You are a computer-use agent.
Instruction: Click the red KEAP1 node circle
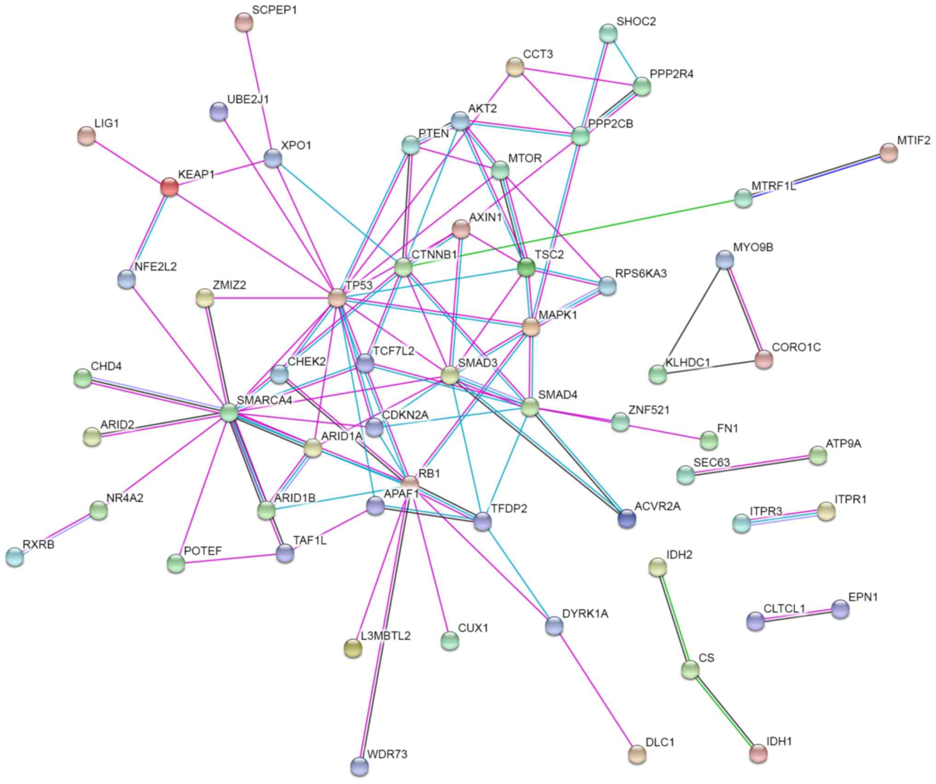pos(169,187)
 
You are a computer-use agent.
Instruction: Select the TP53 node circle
pos(337,298)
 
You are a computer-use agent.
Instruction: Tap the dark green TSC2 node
pos(526,267)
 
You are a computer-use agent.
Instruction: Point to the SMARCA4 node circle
pos(229,412)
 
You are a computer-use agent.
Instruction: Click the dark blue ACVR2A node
pos(627,519)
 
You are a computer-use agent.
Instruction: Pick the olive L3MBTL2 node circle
pos(353,648)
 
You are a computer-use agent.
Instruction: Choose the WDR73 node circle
pos(359,766)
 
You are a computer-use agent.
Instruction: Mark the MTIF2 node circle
pos(889,153)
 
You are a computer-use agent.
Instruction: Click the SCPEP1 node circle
pos(244,22)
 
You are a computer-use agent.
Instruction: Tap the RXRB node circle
pos(15,557)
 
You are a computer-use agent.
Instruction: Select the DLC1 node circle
pos(637,754)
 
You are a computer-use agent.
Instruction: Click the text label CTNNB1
pos(434,255)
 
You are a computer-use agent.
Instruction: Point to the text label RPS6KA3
pos(641,273)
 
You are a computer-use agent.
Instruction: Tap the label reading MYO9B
pos(753,248)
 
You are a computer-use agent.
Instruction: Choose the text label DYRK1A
pos(585,613)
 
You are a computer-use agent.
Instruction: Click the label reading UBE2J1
pos(248,99)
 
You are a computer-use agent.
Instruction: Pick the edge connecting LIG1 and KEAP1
pos(128,162)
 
